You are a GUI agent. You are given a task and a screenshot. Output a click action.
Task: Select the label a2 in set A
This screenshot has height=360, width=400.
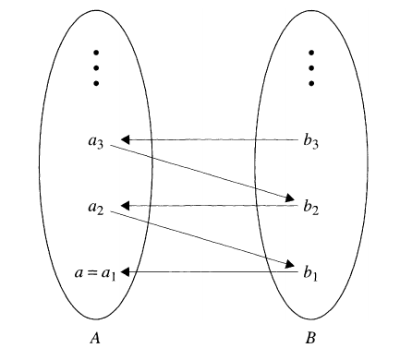96,208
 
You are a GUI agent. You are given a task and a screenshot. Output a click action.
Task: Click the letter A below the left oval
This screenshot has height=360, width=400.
94,338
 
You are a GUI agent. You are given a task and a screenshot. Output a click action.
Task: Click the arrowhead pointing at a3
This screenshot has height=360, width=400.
127,140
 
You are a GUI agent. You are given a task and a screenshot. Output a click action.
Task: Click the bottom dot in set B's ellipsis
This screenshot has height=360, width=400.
311,83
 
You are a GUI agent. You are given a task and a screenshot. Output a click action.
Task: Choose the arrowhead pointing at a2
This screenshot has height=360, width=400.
127,205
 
